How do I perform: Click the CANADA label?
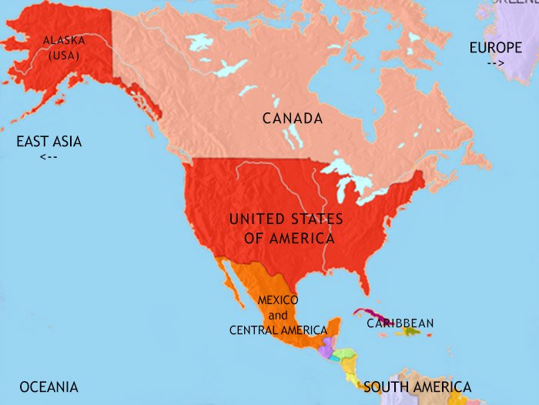(292, 119)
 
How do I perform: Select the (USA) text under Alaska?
(62, 55)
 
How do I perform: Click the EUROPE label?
(495, 48)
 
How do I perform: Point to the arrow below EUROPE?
(495, 63)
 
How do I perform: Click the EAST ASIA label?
(49, 142)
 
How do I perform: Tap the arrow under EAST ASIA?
(48, 157)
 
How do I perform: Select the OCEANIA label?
(49, 387)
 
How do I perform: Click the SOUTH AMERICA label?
(417, 387)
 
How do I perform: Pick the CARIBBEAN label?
(400, 323)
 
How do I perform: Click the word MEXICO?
(278, 300)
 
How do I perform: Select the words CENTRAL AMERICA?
(278, 330)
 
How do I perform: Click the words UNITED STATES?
(286, 219)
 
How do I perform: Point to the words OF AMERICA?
(289, 238)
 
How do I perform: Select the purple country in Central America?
(326, 351)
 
